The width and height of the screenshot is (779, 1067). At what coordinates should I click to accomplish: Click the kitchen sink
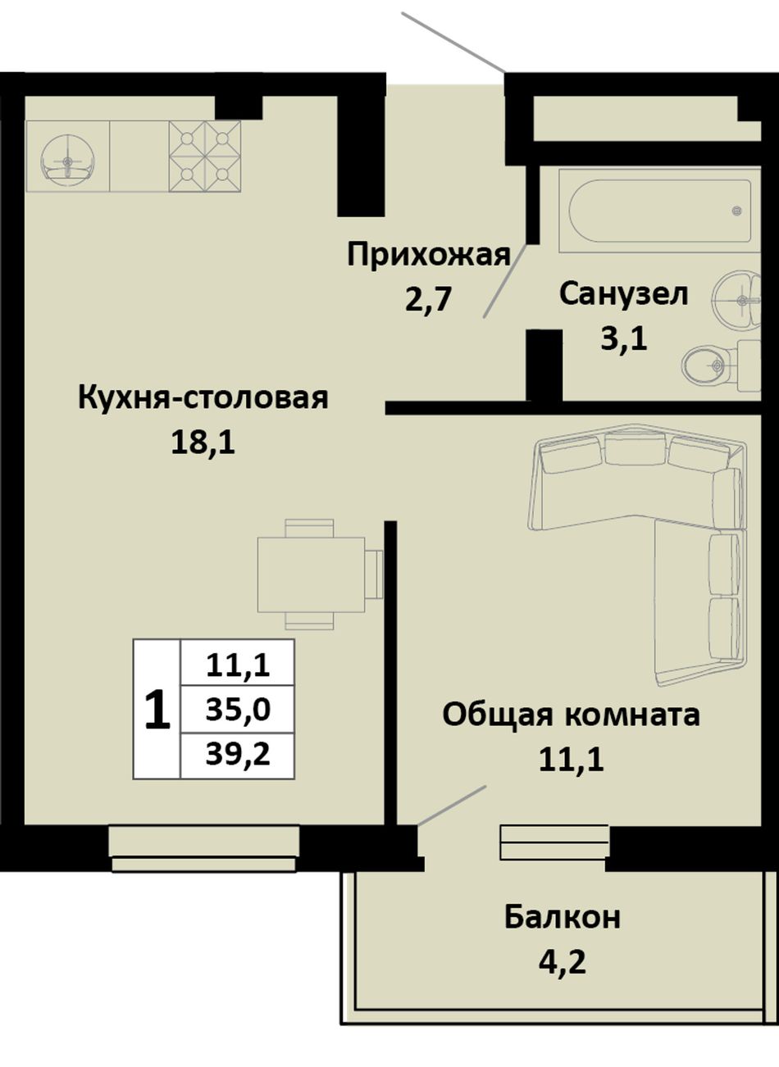(x=68, y=157)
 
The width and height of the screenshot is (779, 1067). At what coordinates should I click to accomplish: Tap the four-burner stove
(x=205, y=157)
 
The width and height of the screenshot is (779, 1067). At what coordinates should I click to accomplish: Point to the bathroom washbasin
(x=737, y=300)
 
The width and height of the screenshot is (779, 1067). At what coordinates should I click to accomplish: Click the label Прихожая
(x=429, y=256)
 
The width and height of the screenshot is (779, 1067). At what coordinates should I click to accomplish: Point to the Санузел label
(x=623, y=294)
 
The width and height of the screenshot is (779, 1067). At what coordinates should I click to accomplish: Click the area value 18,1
(x=203, y=443)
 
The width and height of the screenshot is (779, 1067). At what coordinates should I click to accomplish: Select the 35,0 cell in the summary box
(x=238, y=709)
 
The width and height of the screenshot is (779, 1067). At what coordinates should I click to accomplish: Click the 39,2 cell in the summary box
(x=238, y=755)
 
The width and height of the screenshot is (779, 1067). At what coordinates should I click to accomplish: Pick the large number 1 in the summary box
(x=157, y=711)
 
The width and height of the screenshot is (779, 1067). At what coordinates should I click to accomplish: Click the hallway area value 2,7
(x=428, y=300)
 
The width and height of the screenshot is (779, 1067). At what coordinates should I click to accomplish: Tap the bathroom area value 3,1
(x=623, y=338)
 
